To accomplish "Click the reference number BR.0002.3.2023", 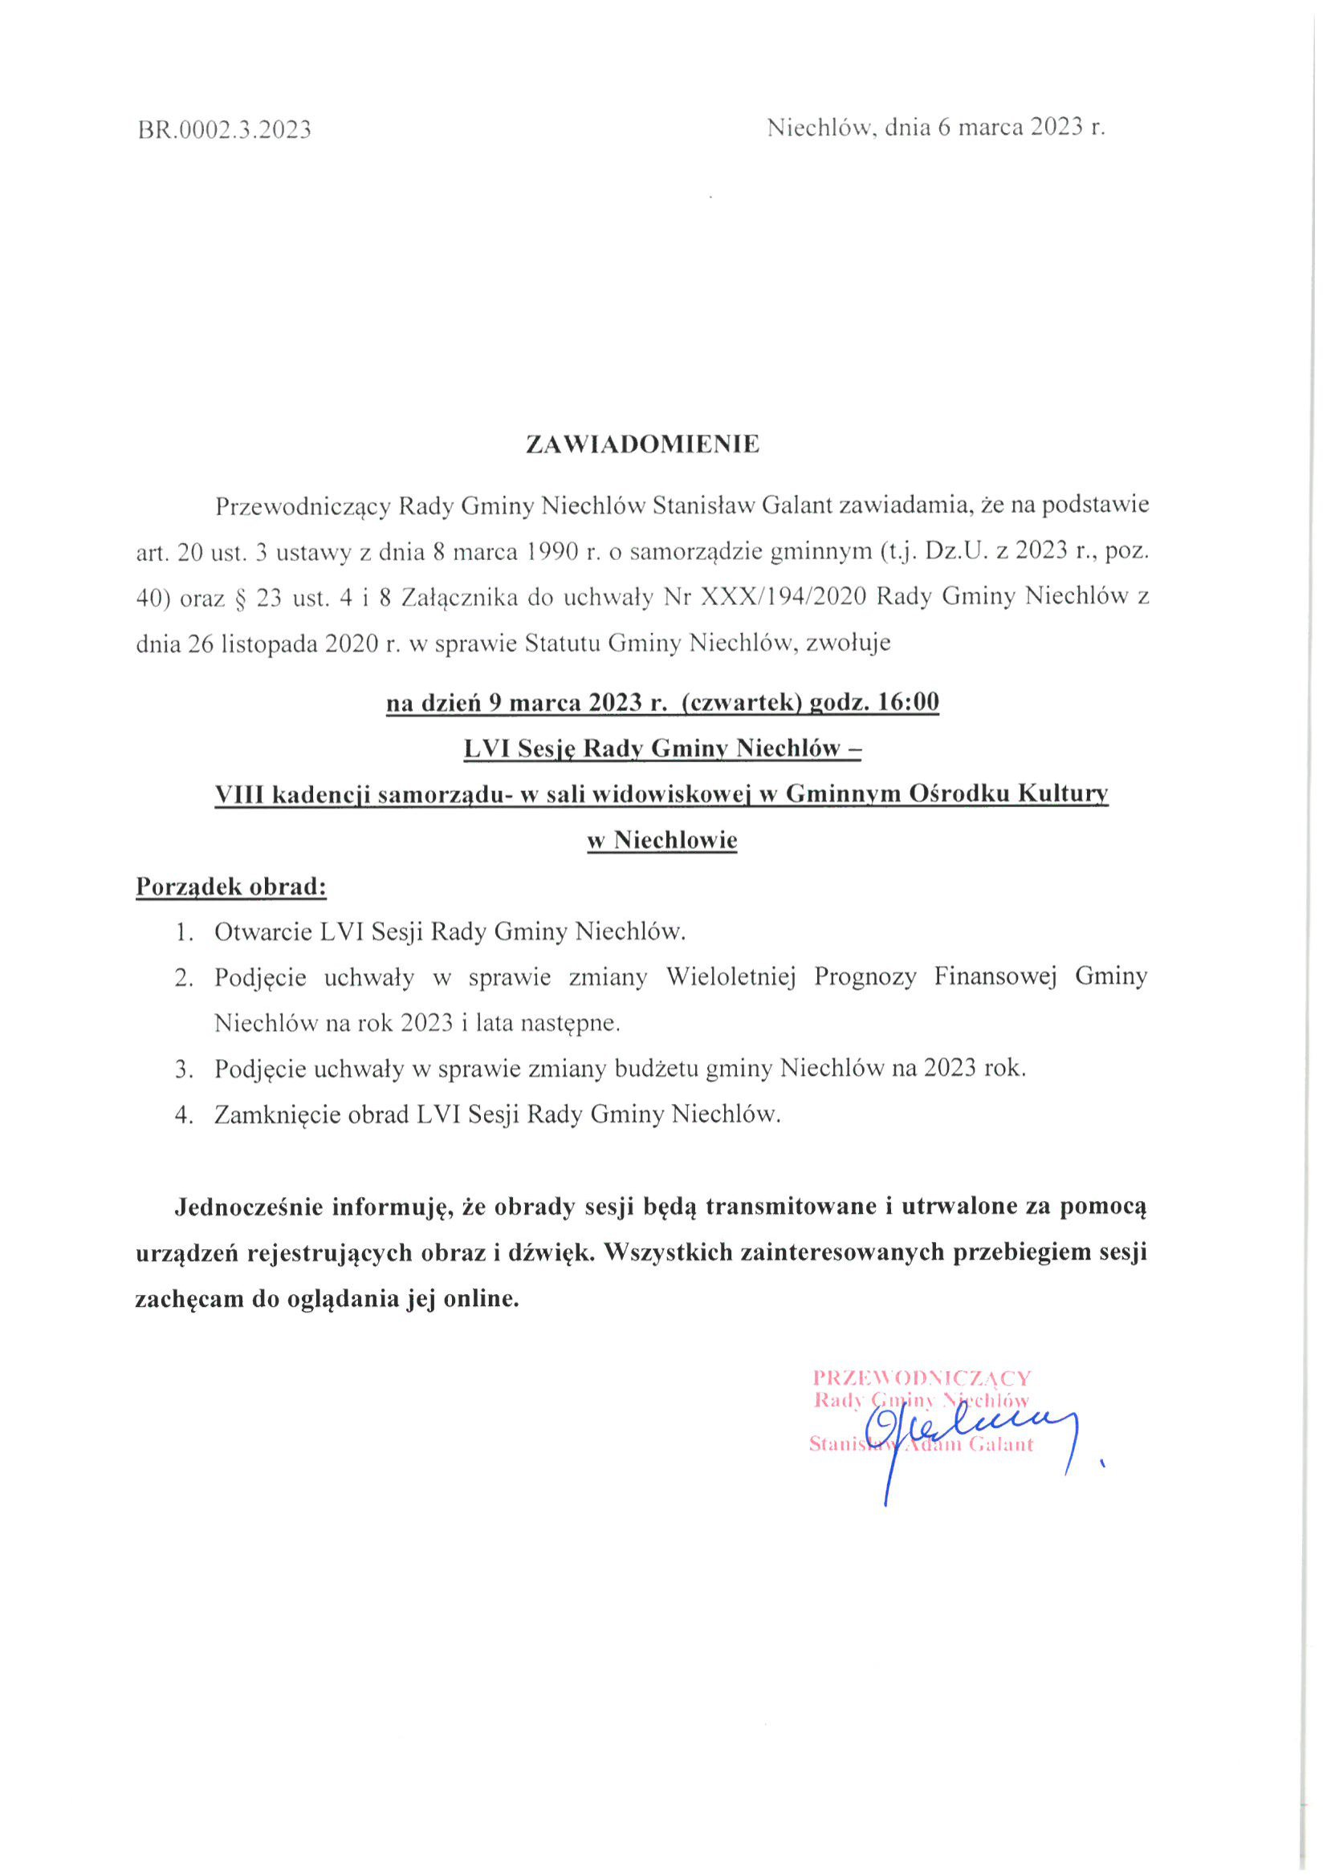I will click(225, 130).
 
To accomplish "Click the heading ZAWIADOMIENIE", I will click(642, 444).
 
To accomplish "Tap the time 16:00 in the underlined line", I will click(909, 702).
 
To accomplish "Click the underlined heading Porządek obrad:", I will click(231, 887).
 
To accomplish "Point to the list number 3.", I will click(184, 1069).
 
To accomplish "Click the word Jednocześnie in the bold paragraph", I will click(245, 1207).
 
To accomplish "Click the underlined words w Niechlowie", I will click(662, 840).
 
